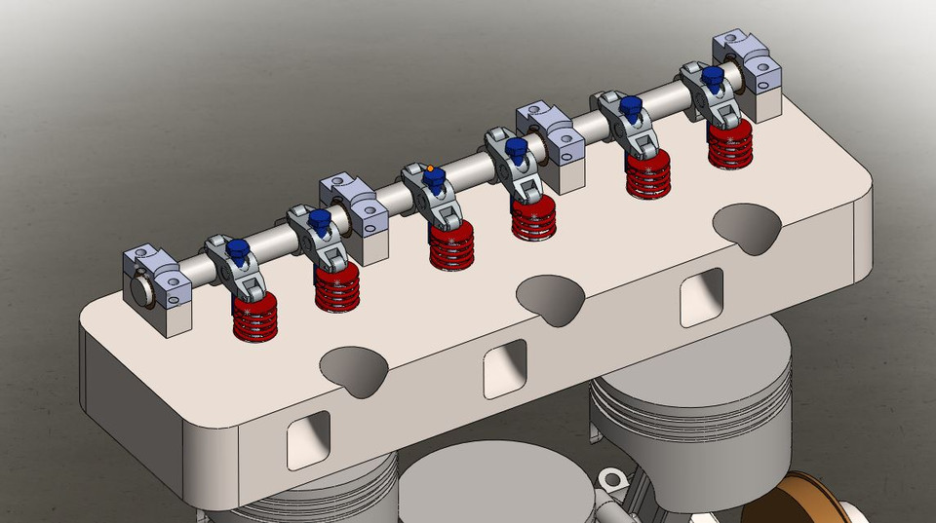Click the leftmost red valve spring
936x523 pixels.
255,318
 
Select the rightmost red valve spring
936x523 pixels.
728,145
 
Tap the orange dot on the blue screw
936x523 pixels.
430,168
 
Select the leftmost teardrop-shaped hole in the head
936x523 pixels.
353,369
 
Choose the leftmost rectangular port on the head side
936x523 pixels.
308,439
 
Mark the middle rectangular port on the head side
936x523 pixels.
505,368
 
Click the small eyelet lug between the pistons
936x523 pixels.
612,479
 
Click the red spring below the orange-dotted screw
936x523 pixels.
452,243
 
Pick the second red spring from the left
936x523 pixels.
337,287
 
